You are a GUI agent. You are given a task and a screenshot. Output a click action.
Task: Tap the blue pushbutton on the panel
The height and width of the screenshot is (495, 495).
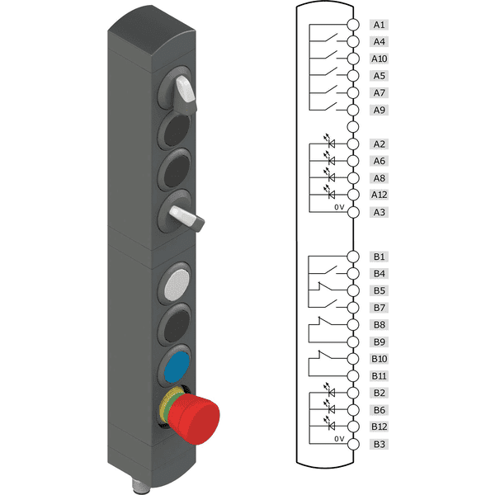tap(177, 367)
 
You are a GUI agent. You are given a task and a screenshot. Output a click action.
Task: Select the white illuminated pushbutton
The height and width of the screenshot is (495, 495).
tap(177, 284)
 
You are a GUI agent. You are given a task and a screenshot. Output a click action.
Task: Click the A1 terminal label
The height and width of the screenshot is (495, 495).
tap(379, 25)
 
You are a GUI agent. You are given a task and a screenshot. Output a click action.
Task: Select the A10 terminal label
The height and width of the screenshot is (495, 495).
tap(379, 59)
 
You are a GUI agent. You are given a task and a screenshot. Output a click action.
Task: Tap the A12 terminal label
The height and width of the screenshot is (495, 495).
tap(379, 195)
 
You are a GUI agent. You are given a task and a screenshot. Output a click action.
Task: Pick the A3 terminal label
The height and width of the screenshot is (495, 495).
tap(379, 212)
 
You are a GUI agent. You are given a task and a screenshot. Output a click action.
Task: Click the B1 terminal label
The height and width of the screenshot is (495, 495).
tap(379, 257)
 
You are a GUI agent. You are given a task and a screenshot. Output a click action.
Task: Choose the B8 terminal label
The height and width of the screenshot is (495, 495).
tap(379, 325)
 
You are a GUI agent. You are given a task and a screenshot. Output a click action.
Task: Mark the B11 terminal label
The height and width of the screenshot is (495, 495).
tap(379, 376)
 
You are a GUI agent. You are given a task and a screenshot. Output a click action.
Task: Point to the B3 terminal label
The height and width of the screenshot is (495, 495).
tap(379, 445)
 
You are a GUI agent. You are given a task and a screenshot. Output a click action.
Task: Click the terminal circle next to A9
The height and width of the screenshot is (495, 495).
tap(353, 110)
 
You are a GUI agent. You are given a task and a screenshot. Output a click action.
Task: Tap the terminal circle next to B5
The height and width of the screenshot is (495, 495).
tap(353, 290)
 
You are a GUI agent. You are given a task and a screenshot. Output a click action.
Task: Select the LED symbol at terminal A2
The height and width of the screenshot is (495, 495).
tap(332, 143)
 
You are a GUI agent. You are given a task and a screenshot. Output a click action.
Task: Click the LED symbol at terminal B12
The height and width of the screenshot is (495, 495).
tap(332, 426)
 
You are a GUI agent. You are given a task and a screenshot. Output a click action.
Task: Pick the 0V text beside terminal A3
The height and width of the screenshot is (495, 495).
tap(338, 208)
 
